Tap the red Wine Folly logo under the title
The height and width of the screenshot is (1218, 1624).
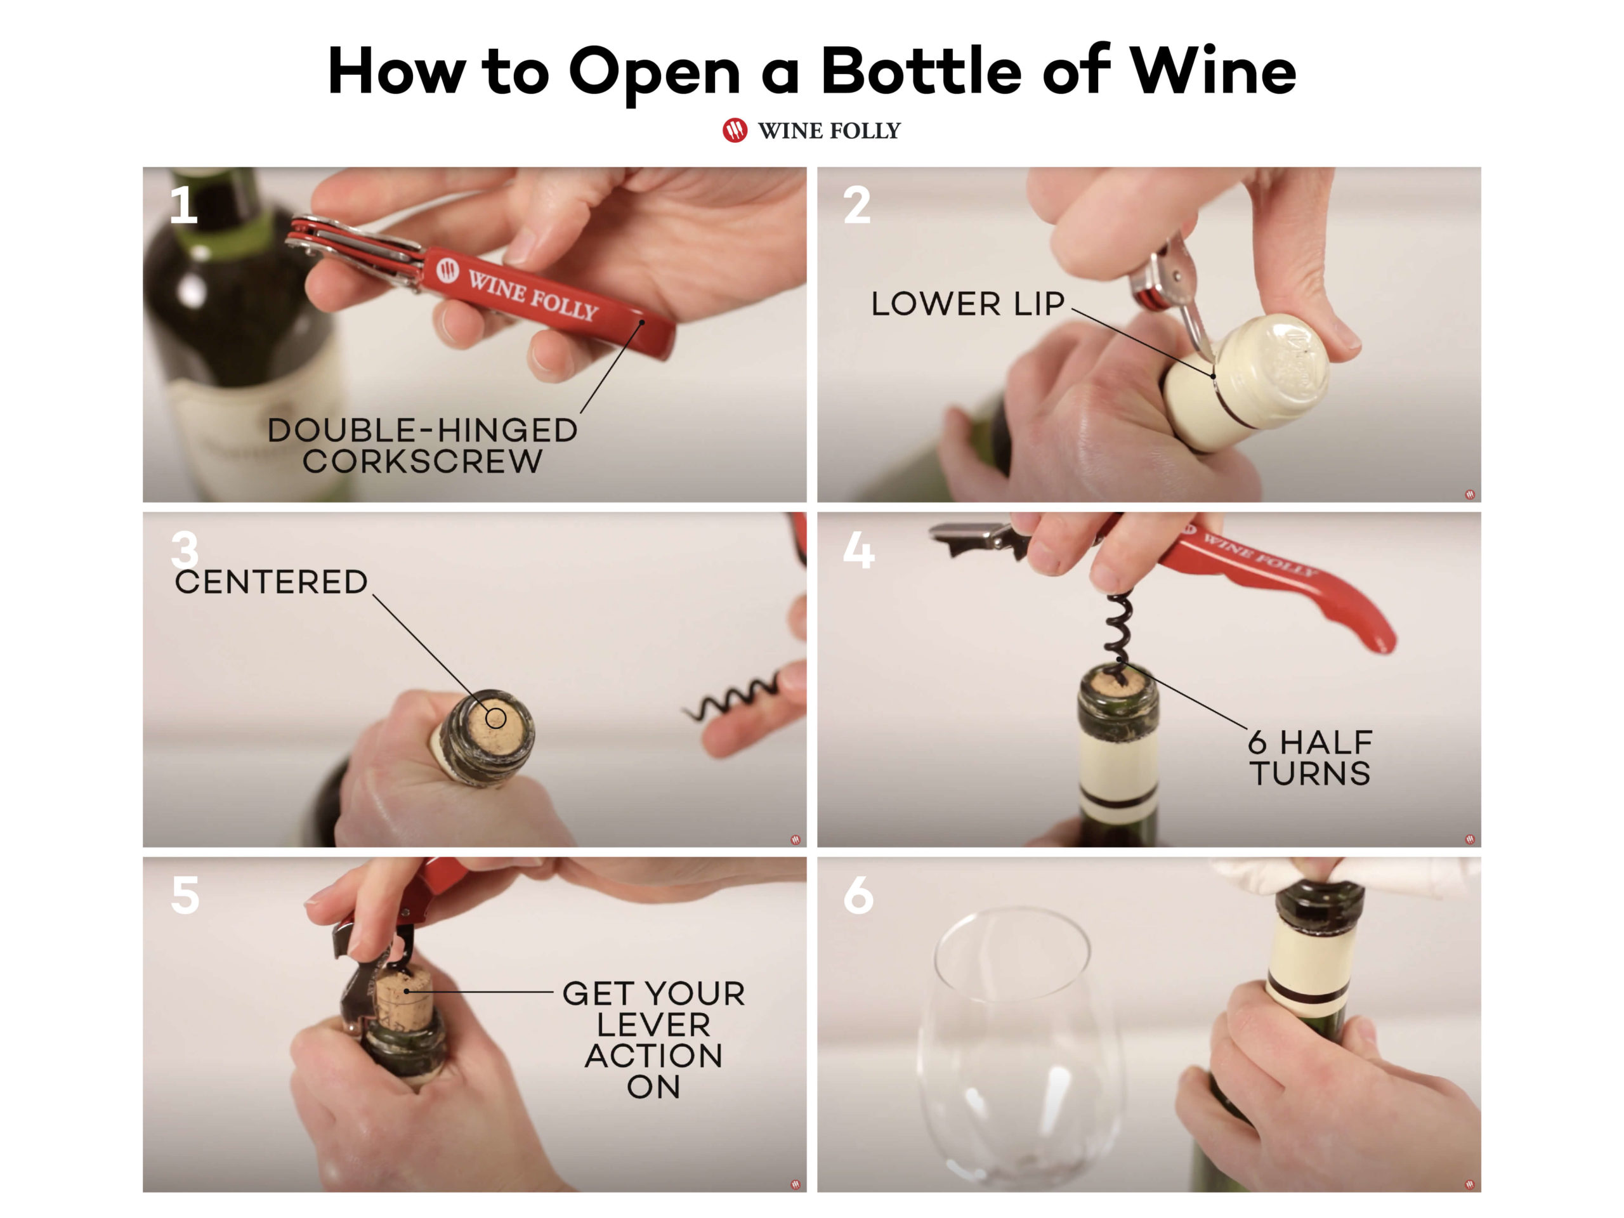(x=734, y=130)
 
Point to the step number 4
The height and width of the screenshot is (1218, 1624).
(x=858, y=550)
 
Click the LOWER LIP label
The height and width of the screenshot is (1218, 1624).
(x=967, y=304)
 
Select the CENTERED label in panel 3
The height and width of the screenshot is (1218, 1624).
(x=271, y=582)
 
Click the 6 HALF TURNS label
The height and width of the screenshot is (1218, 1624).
(x=1310, y=757)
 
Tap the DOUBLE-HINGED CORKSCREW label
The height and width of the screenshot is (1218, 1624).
(x=422, y=445)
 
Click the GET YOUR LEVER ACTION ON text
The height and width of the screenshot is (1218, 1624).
(x=653, y=1039)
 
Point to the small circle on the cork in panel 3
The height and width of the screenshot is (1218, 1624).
(x=496, y=717)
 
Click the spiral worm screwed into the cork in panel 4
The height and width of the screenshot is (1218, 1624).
(x=1116, y=631)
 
